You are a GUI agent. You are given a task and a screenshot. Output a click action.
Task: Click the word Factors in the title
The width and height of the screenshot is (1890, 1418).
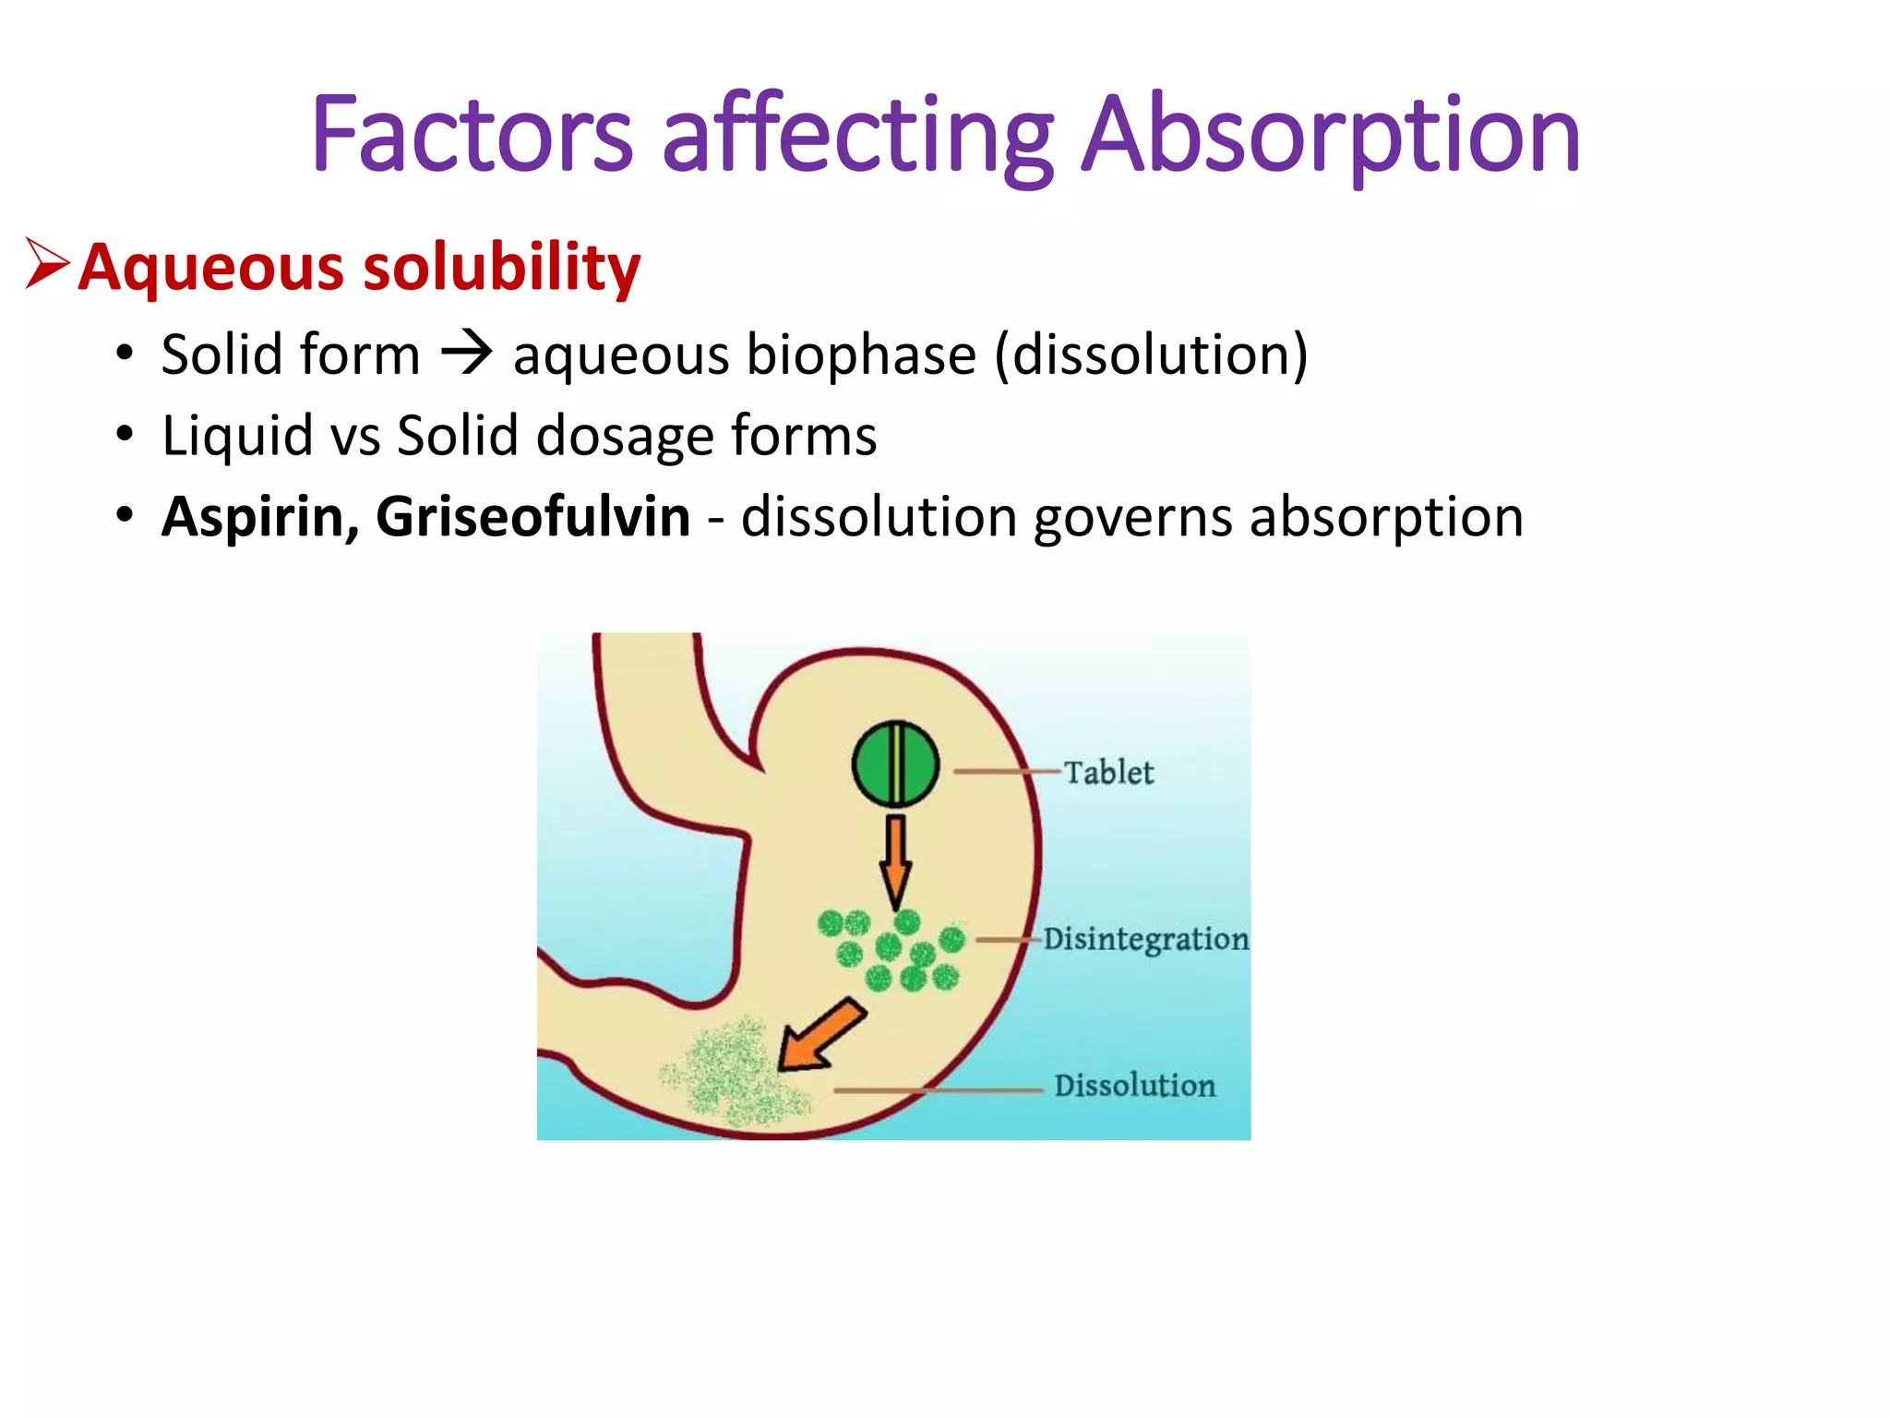tap(472, 137)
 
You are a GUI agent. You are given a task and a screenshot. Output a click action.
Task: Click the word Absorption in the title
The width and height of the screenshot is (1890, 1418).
tap(1330, 137)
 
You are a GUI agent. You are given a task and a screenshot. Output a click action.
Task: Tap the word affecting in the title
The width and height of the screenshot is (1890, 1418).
tap(857, 137)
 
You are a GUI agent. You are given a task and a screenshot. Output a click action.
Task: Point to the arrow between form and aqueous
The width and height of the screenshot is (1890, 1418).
tap(466, 354)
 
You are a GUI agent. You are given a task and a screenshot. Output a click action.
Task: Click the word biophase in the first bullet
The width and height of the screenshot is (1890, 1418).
tap(861, 355)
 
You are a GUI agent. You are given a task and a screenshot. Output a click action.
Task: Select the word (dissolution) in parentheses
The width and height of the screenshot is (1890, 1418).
tap(1151, 355)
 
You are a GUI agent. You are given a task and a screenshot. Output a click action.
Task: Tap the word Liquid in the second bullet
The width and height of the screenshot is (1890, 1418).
tap(237, 436)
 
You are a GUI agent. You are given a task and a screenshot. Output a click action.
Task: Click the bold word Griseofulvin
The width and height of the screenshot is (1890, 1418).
tap(532, 517)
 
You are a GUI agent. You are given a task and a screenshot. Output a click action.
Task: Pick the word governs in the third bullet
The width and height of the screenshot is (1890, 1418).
tap(1132, 517)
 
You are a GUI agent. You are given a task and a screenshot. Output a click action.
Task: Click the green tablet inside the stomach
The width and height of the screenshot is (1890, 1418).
tap(895, 764)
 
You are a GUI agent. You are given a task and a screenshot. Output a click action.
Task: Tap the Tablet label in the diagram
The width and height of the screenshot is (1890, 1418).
tap(1108, 772)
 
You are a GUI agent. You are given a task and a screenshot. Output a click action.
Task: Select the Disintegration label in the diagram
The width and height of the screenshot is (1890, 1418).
tap(1145, 939)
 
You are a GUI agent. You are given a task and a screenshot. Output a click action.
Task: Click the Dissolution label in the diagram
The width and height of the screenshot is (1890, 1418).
tap(1134, 1086)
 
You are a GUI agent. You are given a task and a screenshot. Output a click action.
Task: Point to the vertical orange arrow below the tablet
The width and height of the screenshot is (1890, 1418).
tap(895, 859)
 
